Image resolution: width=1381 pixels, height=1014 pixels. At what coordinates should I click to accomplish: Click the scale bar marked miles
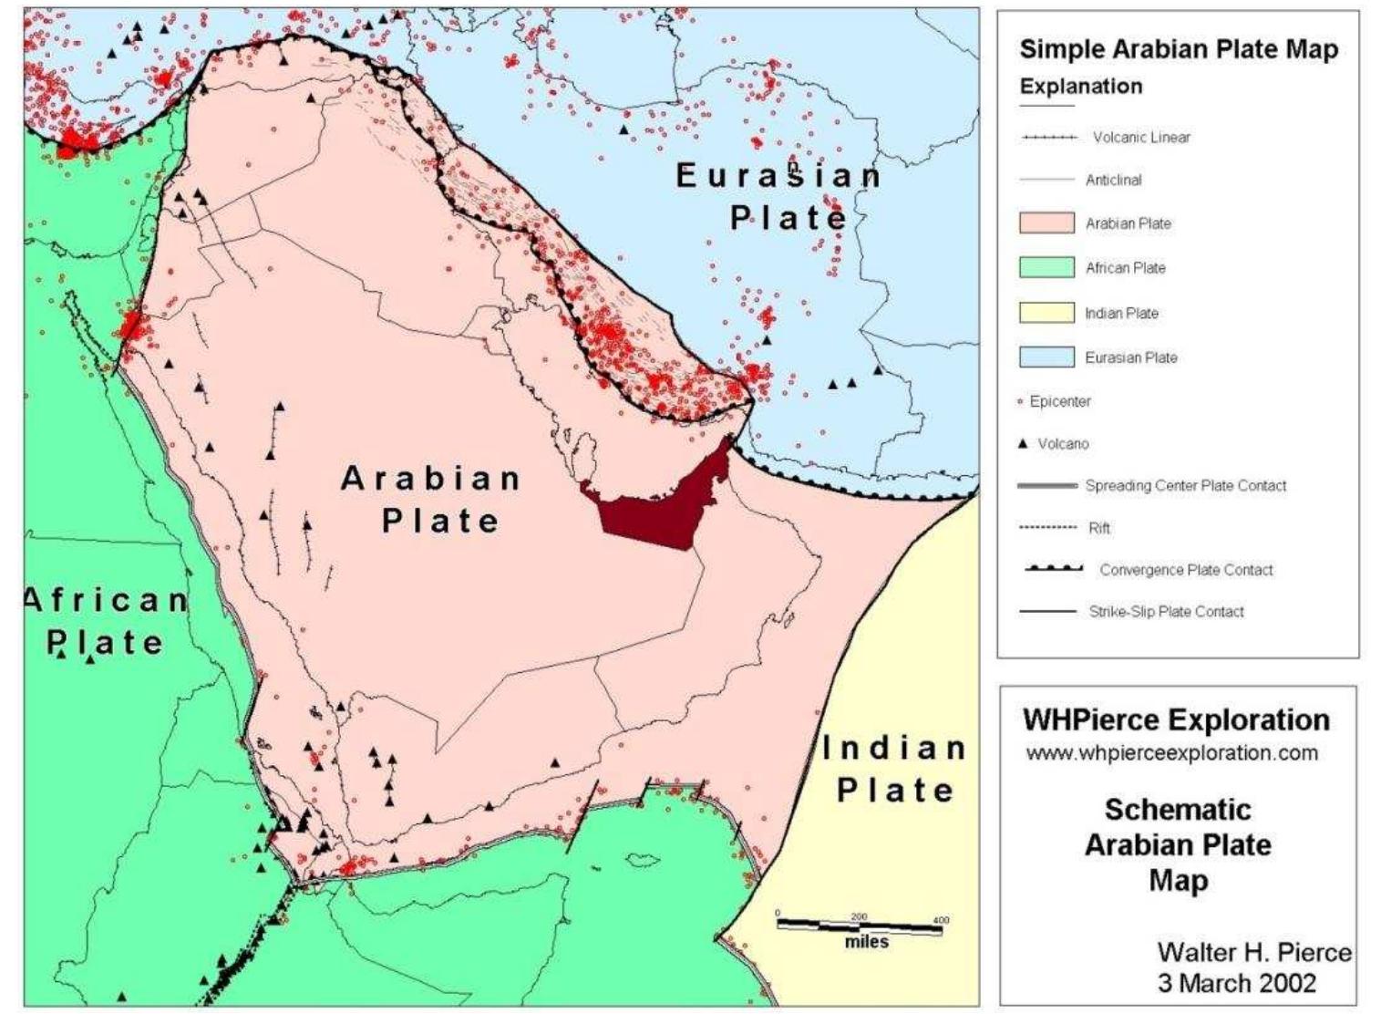click(861, 926)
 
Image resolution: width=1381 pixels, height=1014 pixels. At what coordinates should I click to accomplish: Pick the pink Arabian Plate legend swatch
click(1046, 223)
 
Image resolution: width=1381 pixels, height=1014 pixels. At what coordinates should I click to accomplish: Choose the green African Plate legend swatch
click(1046, 268)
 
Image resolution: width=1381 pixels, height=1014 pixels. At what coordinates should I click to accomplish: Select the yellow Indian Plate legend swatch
click(1046, 313)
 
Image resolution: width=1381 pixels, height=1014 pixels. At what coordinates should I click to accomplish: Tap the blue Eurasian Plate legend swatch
click(1046, 357)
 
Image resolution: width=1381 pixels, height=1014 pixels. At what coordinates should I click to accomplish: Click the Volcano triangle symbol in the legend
click(1023, 444)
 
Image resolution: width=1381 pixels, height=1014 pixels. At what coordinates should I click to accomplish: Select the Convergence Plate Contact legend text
click(1186, 570)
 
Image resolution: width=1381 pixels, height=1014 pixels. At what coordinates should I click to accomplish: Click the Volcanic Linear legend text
click(1141, 138)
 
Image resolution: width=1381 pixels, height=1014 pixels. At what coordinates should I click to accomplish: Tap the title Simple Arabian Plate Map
click(1178, 49)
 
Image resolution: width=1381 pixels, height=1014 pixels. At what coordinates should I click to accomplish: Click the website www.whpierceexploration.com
click(1171, 753)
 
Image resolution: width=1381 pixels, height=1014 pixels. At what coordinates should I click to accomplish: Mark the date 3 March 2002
click(1237, 983)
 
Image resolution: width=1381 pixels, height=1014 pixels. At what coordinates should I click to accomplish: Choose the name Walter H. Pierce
click(1254, 952)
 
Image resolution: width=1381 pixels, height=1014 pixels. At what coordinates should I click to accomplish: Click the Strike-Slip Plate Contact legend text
click(1166, 612)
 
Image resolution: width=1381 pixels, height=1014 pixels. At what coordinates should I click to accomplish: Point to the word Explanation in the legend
click(1080, 87)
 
